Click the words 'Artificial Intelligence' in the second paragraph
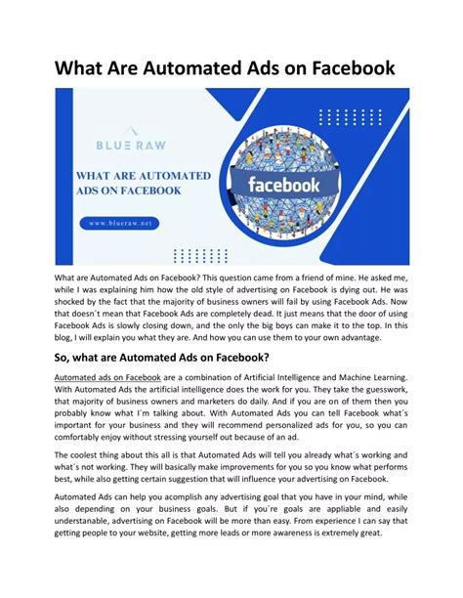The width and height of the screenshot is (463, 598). click(302, 376)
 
